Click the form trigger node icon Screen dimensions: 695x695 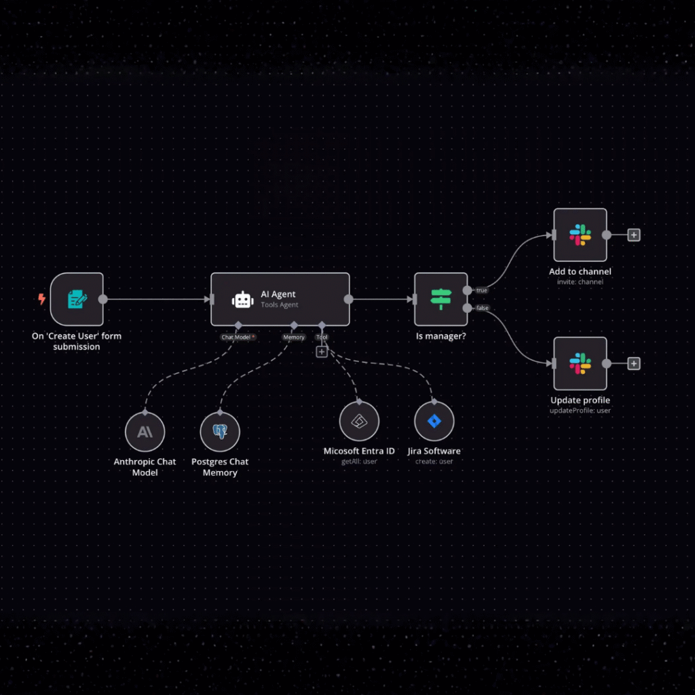pyautogui.click(x=77, y=299)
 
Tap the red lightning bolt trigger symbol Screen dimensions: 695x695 pyautogui.click(x=42, y=299)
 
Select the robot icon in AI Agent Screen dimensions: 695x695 pyautogui.click(x=242, y=300)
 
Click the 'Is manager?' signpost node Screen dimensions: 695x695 pyautogui.click(x=440, y=299)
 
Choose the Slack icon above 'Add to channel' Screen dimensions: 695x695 pyautogui.click(x=580, y=235)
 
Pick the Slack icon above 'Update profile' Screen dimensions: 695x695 pyautogui.click(x=580, y=364)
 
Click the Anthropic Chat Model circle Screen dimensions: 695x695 pyautogui.click(x=145, y=432)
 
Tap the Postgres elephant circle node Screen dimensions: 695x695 pyautogui.click(x=220, y=432)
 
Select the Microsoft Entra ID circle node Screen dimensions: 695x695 pyautogui.click(x=359, y=421)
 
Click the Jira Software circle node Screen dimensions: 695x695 pyautogui.click(x=434, y=421)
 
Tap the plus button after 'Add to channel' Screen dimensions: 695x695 pyautogui.click(x=633, y=235)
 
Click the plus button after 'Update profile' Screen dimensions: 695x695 pyautogui.click(x=633, y=364)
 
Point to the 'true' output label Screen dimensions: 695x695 pyautogui.click(x=482, y=290)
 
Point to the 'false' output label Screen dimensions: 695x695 pyautogui.click(x=483, y=308)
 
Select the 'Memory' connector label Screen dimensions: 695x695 pyautogui.click(x=294, y=337)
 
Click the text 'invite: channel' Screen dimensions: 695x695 pyautogui.click(x=580, y=282)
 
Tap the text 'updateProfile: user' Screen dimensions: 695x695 pyautogui.click(x=580, y=411)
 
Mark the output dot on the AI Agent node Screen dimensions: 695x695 pyautogui.click(x=348, y=299)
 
